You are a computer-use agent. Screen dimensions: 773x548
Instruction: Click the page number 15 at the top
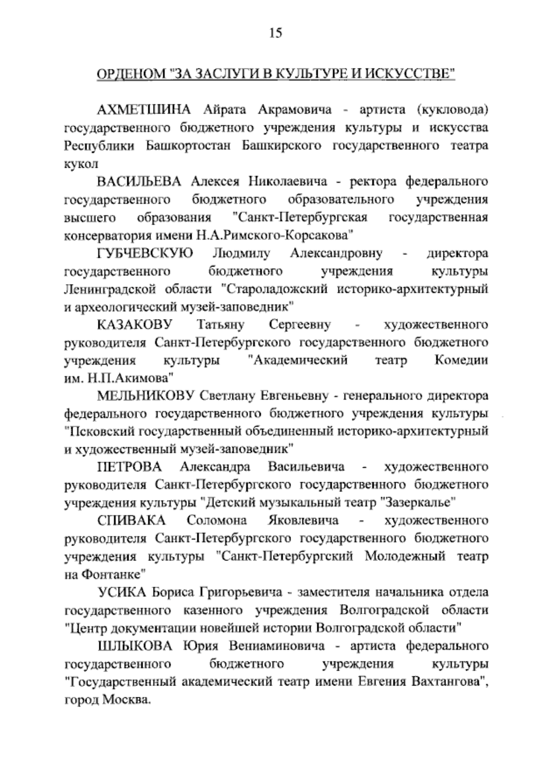pyautogui.click(x=275, y=33)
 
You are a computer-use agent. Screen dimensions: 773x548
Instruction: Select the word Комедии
pyautogui.click(x=461, y=360)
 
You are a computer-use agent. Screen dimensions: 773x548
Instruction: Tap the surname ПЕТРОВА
pyautogui.click(x=129, y=467)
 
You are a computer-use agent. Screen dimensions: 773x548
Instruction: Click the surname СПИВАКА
pyautogui.click(x=131, y=520)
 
